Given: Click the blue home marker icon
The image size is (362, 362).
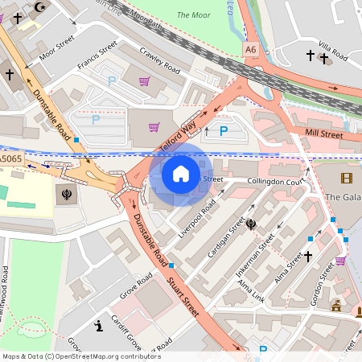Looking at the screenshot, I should (181, 173).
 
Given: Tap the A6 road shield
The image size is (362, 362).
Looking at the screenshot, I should (252, 50).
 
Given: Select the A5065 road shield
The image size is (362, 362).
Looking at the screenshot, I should (11, 161).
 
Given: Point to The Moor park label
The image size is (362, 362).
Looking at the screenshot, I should (193, 14).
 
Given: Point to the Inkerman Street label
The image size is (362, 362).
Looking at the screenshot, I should (254, 257).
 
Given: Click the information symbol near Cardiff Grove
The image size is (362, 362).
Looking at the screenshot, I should (98, 326).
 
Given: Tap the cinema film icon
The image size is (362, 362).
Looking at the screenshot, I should (346, 178).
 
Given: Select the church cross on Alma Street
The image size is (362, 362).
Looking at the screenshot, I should (306, 257).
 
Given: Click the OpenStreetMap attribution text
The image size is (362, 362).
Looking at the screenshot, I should (80, 356).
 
